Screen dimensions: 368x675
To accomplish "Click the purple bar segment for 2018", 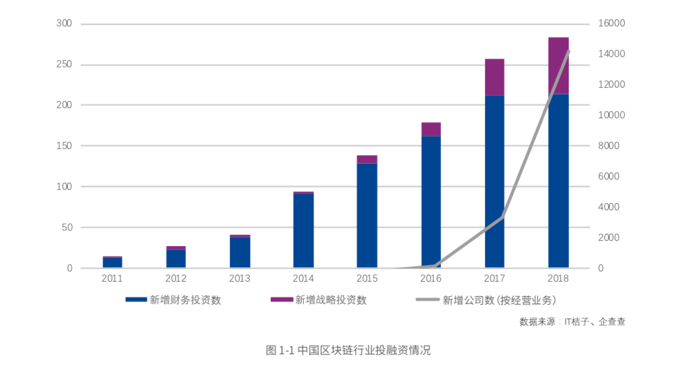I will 558,65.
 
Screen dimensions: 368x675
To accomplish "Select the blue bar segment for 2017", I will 494,181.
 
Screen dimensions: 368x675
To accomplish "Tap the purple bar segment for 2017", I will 494,77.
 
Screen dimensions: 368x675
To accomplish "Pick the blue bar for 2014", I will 303,231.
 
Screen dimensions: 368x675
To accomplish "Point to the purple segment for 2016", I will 431,129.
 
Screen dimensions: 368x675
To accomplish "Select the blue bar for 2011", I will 112,262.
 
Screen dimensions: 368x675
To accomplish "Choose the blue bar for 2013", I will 240,253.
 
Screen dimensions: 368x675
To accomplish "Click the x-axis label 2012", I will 176,278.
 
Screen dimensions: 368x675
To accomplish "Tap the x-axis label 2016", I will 431,278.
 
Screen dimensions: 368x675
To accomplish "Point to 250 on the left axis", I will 64,65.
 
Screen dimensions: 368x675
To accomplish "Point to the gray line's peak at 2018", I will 568,51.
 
